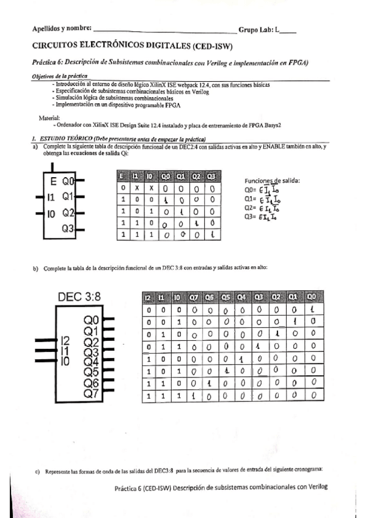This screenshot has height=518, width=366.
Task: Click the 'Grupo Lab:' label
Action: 256,29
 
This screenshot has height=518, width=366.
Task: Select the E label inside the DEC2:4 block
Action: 53,181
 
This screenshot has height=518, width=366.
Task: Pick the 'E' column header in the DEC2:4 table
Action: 122,177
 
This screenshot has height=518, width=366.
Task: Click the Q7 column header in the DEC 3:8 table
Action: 193,297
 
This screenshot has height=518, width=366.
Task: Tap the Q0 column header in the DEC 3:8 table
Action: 313,297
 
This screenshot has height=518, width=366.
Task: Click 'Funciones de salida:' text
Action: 272,181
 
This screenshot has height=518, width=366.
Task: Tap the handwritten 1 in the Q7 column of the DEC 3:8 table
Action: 193,397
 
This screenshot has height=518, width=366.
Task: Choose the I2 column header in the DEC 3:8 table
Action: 148,297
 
